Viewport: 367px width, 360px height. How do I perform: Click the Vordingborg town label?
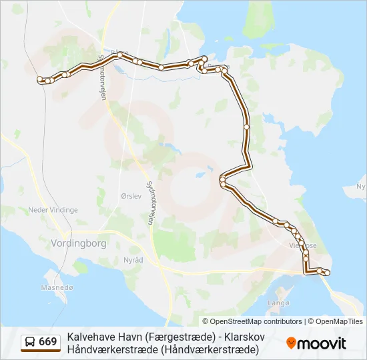[x=79, y=243]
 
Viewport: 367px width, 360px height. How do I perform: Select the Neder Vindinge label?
[x=53, y=209]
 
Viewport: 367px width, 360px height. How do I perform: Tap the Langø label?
[x=278, y=303]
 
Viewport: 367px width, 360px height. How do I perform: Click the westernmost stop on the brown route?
[x=40, y=79]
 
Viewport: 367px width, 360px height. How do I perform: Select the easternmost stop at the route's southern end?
[x=328, y=272]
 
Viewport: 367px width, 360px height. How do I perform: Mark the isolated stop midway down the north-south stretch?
[x=246, y=126]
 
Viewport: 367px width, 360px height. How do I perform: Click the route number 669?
[x=47, y=342]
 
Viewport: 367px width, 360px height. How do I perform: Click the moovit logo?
[x=316, y=343]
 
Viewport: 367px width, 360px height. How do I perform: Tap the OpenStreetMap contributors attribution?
[x=252, y=321]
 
